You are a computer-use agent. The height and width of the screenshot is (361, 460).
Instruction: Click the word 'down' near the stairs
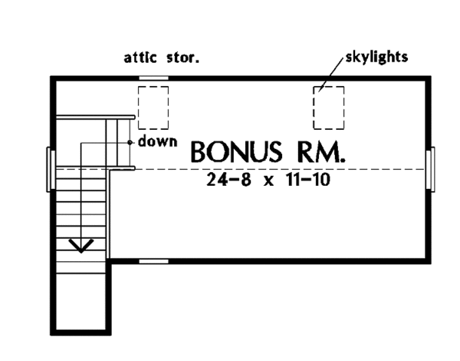[158, 141]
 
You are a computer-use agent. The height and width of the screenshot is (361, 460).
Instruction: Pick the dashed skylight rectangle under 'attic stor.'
[153, 107]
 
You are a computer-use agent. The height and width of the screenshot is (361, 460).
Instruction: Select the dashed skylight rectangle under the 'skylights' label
[328, 107]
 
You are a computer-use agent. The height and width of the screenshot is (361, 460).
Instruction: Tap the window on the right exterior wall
[432, 168]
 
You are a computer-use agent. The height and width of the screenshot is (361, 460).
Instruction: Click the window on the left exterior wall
[51, 168]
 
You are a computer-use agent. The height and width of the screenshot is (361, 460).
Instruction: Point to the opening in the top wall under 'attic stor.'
[153, 78]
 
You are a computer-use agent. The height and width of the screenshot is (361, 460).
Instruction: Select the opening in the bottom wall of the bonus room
[153, 260]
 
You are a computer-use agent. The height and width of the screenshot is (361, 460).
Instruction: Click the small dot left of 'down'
[131, 142]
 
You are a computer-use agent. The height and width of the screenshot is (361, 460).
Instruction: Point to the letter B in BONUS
[199, 151]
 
